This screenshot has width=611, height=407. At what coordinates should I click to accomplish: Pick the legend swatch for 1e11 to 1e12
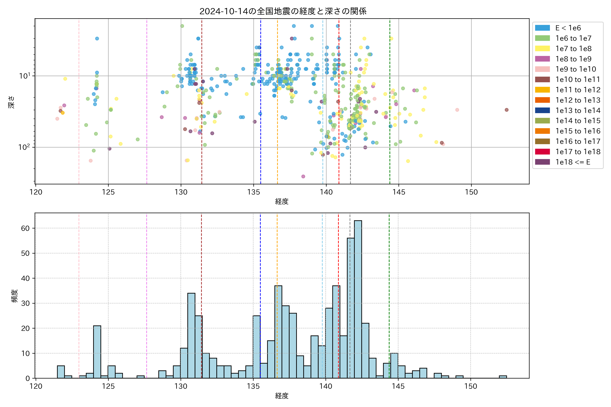(x=542, y=90)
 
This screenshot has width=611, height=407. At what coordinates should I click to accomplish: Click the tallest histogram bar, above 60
(x=358, y=298)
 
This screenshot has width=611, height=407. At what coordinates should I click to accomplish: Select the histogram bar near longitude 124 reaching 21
(x=97, y=352)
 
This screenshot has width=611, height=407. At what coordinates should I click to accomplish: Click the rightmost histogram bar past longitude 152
(x=503, y=377)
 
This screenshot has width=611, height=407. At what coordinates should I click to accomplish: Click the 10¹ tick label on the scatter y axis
(x=25, y=76)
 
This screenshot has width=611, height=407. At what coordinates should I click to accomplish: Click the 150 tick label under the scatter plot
(x=471, y=192)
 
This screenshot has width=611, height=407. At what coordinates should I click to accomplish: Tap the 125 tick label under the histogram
(x=108, y=386)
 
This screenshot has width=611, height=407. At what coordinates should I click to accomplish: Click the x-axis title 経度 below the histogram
(x=282, y=396)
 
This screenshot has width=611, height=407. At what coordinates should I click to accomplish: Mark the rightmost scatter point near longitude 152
(x=506, y=110)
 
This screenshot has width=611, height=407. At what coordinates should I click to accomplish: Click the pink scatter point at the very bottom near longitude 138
(x=303, y=177)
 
